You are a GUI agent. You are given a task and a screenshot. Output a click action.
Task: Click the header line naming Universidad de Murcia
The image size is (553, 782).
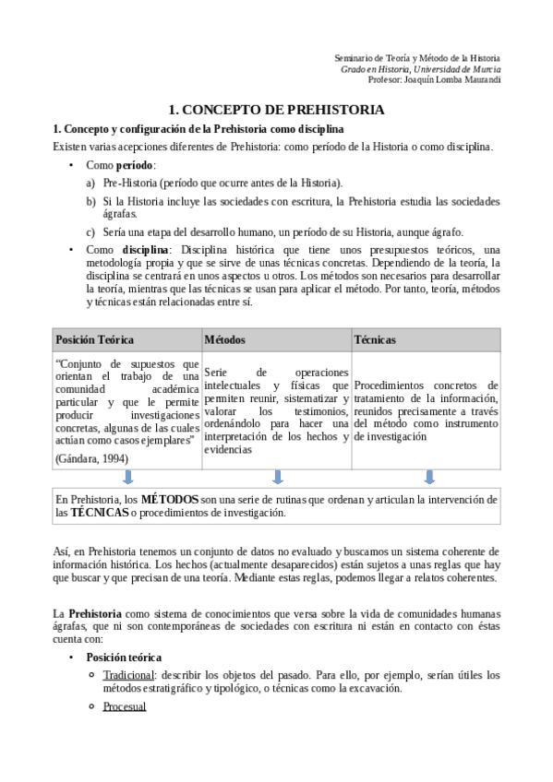click(x=421, y=69)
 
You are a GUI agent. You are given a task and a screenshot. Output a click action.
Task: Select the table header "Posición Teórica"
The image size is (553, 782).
click(x=94, y=339)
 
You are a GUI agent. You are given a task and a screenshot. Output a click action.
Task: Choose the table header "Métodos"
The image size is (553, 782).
click(x=225, y=339)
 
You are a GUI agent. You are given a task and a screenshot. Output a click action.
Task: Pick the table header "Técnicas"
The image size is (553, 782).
click(x=375, y=339)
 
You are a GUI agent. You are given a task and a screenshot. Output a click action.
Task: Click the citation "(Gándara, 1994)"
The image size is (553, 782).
click(x=91, y=457)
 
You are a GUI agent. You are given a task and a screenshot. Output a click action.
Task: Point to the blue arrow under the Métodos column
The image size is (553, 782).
click(x=277, y=477)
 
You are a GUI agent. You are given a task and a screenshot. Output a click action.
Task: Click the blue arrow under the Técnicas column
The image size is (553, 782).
click(x=428, y=477)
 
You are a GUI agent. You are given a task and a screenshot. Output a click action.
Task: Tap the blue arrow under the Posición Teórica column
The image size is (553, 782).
click(x=127, y=477)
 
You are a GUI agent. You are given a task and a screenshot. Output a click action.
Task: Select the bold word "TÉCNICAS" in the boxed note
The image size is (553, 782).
click(x=100, y=512)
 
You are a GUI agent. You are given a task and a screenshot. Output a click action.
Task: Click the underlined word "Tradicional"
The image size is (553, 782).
click(x=128, y=674)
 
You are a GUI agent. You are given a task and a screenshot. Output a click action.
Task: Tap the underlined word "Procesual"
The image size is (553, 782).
click(x=125, y=706)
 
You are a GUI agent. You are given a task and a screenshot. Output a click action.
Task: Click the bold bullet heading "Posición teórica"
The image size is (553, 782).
click(x=124, y=658)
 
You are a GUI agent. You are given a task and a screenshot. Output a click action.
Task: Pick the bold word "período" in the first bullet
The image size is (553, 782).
click(x=135, y=164)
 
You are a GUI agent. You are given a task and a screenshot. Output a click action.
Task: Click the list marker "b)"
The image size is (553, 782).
click(x=90, y=200)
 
